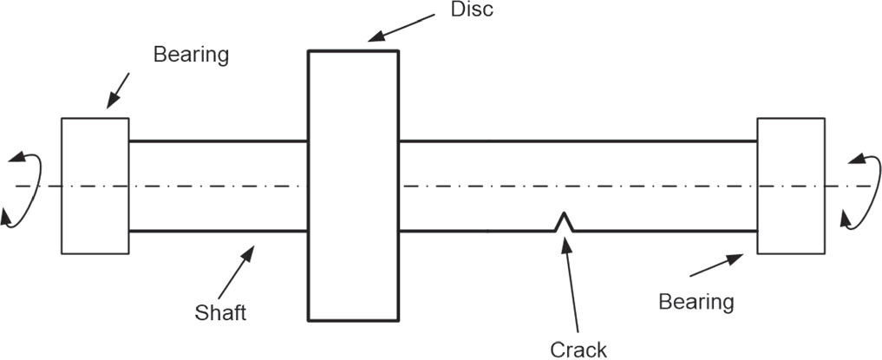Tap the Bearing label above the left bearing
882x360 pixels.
(x=191, y=54)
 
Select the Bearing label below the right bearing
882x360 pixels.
(x=696, y=302)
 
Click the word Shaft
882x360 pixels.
(x=220, y=311)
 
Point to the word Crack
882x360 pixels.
(x=578, y=349)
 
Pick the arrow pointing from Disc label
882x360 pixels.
(x=402, y=27)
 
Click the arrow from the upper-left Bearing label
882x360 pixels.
(x=118, y=90)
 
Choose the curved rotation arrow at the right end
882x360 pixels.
(x=859, y=187)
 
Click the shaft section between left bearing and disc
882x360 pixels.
(x=218, y=186)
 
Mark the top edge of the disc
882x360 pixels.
(x=353, y=51)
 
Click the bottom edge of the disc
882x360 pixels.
(x=353, y=320)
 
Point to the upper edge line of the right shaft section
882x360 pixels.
(x=578, y=141)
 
